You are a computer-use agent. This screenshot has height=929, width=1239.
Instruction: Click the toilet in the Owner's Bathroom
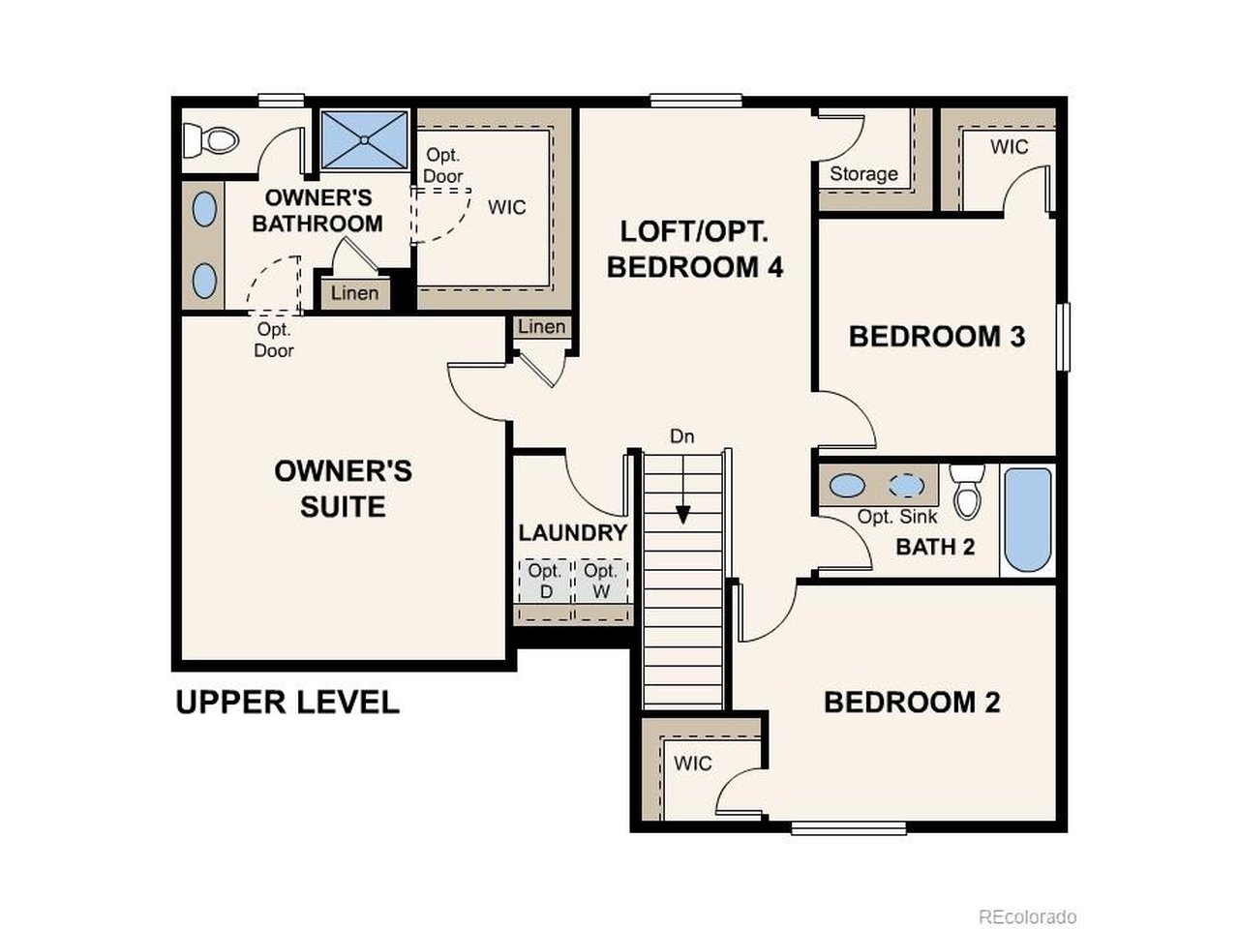(211, 141)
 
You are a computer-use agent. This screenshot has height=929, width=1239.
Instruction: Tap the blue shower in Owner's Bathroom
(364, 140)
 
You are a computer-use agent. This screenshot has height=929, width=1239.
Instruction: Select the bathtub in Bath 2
(1027, 521)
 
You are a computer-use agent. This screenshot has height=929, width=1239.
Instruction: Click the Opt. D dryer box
(545, 581)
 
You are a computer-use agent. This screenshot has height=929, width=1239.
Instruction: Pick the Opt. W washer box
(601, 581)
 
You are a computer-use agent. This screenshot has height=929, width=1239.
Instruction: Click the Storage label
(863, 174)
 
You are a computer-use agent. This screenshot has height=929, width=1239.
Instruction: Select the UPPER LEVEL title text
(287, 703)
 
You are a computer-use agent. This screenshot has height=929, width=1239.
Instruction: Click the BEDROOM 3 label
(936, 337)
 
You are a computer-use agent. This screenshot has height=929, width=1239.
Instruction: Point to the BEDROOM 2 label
(911, 703)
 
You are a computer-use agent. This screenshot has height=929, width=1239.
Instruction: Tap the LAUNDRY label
(572, 533)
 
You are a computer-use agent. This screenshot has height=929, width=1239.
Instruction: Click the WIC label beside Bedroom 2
(692, 764)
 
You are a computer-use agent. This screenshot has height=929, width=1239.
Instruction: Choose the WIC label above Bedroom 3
(1009, 147)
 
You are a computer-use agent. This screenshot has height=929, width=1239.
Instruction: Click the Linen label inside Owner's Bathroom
(354, 293)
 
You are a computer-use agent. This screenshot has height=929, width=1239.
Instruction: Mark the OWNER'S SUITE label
(343, 489)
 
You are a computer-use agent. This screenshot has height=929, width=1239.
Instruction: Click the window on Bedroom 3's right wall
(1063, 337)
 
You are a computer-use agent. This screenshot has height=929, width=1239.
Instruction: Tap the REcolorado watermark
(1027, 916)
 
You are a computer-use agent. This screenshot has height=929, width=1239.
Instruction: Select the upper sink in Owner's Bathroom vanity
(204, 209)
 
